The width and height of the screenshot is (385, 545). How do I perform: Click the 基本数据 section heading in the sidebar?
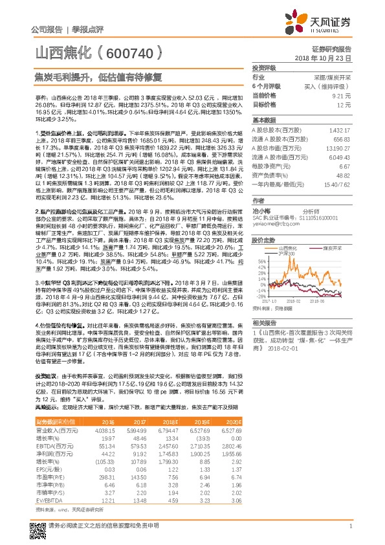click(x=264, y=120)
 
